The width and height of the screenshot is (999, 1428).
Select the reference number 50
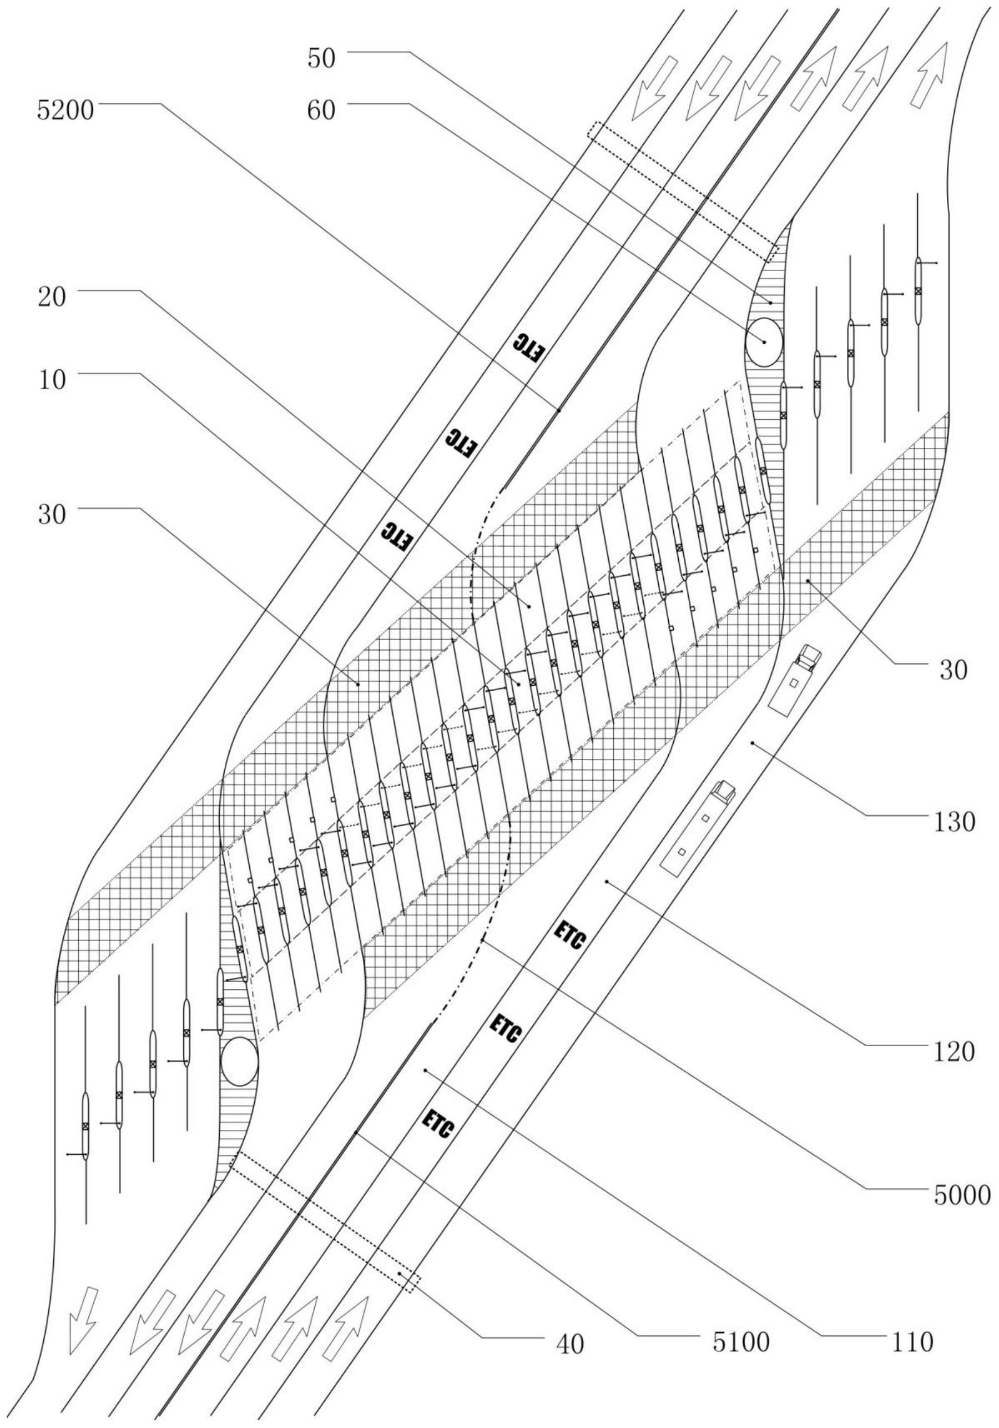coord(321,58)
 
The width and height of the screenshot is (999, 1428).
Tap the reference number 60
coord(321,110)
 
